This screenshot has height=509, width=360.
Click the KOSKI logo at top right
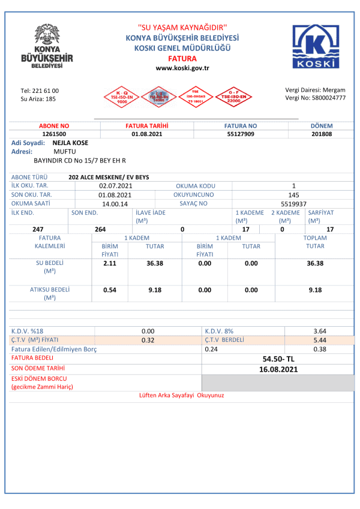[317, 46]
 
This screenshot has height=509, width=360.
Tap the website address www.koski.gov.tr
[182, 68]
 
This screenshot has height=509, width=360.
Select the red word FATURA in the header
[182, 58]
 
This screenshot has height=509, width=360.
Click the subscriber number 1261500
[54, 134]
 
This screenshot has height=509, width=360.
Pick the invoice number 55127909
[241, 134]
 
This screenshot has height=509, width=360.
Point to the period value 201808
[322, 134]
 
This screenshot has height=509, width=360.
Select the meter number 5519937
[293, 204]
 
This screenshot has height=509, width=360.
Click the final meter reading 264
[100, 229]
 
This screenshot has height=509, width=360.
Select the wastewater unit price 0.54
[110, 290]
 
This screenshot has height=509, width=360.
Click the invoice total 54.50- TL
[278, 359]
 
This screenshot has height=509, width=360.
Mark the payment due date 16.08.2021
[278, 369]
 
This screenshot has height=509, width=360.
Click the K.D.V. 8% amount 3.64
[320, 331]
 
